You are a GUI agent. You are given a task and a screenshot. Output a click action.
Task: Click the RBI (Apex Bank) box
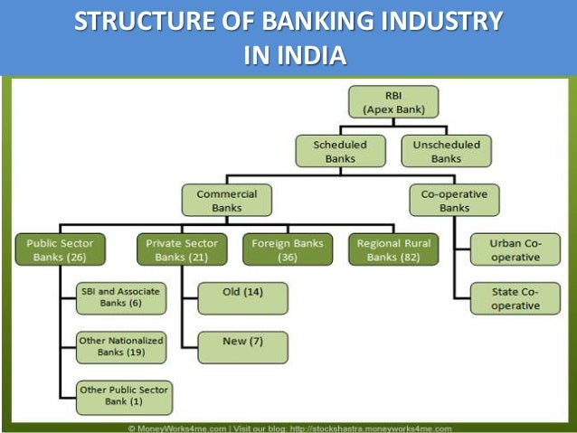point(393,102)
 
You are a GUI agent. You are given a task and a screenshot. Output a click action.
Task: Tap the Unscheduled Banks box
point(446,151)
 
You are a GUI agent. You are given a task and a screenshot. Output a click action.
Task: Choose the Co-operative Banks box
point(454,200)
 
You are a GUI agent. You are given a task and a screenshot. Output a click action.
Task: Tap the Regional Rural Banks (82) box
point(393,249)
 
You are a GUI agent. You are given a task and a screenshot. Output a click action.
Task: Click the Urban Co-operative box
point(515,249)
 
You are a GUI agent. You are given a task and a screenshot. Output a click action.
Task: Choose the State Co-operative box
point(515,299)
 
